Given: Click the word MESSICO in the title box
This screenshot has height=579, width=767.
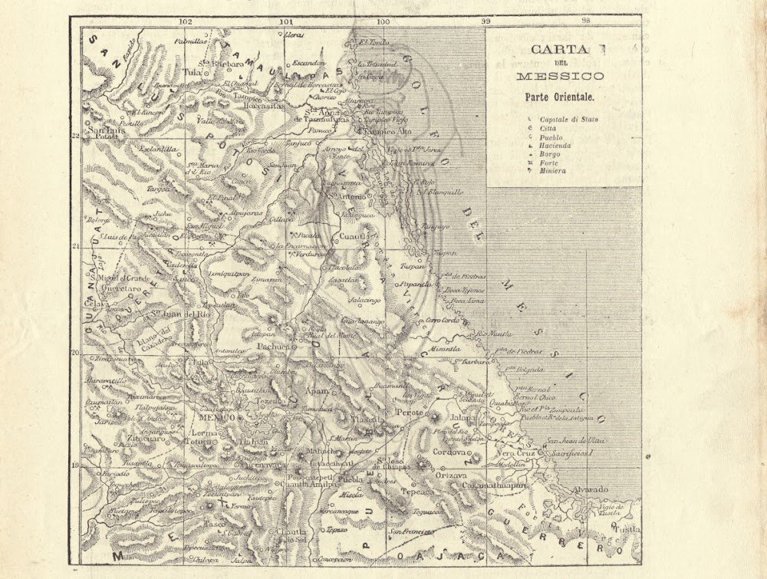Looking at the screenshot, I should click(559, 77).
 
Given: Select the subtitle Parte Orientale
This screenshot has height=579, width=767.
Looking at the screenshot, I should click(559, 97).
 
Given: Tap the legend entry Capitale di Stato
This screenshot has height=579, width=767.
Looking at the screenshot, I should click(568, 120).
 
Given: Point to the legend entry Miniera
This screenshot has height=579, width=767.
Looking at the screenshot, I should click(553, 170).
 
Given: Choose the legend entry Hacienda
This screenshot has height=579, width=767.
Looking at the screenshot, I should click(556, 145).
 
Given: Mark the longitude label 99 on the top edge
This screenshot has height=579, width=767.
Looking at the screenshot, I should click(485, 21).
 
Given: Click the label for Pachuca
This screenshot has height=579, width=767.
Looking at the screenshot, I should click(275, 346).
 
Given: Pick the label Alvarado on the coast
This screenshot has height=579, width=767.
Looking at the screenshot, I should click(588, 489).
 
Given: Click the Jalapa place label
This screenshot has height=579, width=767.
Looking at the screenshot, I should click(463, 418).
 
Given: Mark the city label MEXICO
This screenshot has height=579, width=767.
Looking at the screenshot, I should click(217, 419).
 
